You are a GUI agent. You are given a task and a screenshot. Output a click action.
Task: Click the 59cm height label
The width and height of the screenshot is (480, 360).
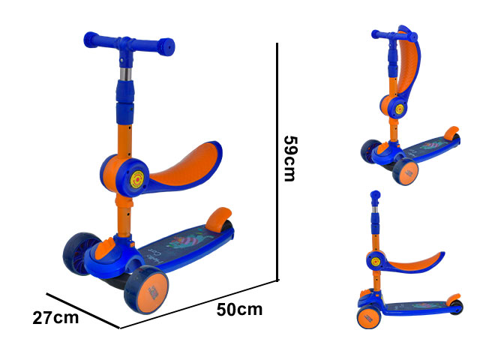coord(290,158)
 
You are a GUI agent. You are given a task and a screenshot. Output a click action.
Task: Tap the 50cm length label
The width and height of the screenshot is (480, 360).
coord(239,310)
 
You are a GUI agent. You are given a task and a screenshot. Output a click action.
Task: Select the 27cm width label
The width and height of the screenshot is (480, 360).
coord(55,318)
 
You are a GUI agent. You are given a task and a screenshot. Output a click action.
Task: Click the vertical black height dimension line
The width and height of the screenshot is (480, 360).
coord(277,162)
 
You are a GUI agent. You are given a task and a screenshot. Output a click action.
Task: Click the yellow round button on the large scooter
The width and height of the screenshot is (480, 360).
coord(137,179)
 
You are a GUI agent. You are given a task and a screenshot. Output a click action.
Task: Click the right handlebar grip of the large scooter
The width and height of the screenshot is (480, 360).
coord(166,46)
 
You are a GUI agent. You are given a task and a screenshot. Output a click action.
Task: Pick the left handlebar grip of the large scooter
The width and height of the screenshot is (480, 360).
coord(91,39)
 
